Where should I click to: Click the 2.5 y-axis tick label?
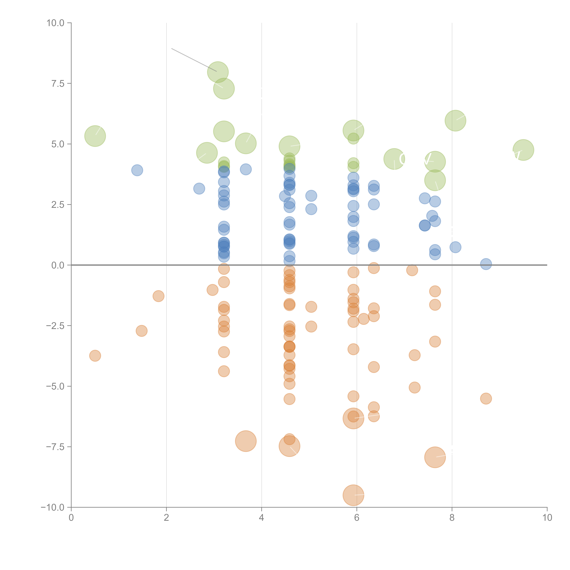58,205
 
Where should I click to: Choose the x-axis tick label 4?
261,518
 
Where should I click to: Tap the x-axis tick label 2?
166,518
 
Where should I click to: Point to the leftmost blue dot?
137,170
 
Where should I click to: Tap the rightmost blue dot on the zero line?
486,264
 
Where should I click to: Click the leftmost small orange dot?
95,356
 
